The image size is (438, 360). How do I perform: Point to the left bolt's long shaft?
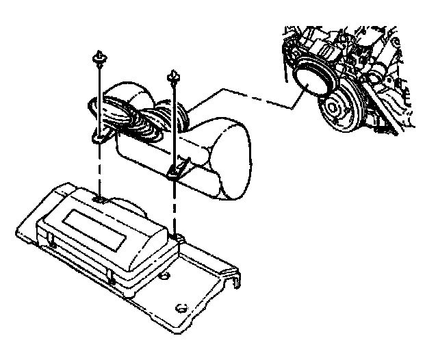[x=101, y=96]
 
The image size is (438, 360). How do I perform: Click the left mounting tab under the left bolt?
[x=100, y=138]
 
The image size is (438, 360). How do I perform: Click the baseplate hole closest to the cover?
[x=165, y=277]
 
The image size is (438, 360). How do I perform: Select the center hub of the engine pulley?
[x=335, y=108]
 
